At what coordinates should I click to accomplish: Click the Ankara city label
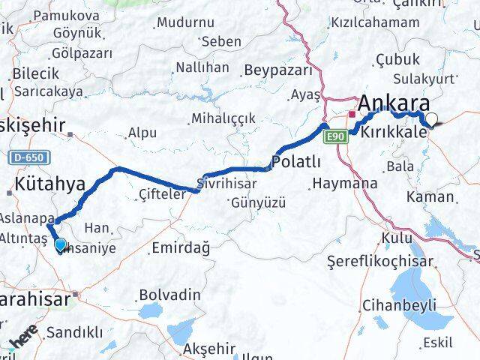[397, 103]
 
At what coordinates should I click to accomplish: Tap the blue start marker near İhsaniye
[61, 244]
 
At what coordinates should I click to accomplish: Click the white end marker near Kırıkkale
[432, 118]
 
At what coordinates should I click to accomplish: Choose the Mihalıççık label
[223, 118]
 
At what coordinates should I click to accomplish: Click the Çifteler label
[161, 194]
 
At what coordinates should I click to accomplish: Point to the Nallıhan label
[202, 67]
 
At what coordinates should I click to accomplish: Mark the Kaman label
[430, 196]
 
